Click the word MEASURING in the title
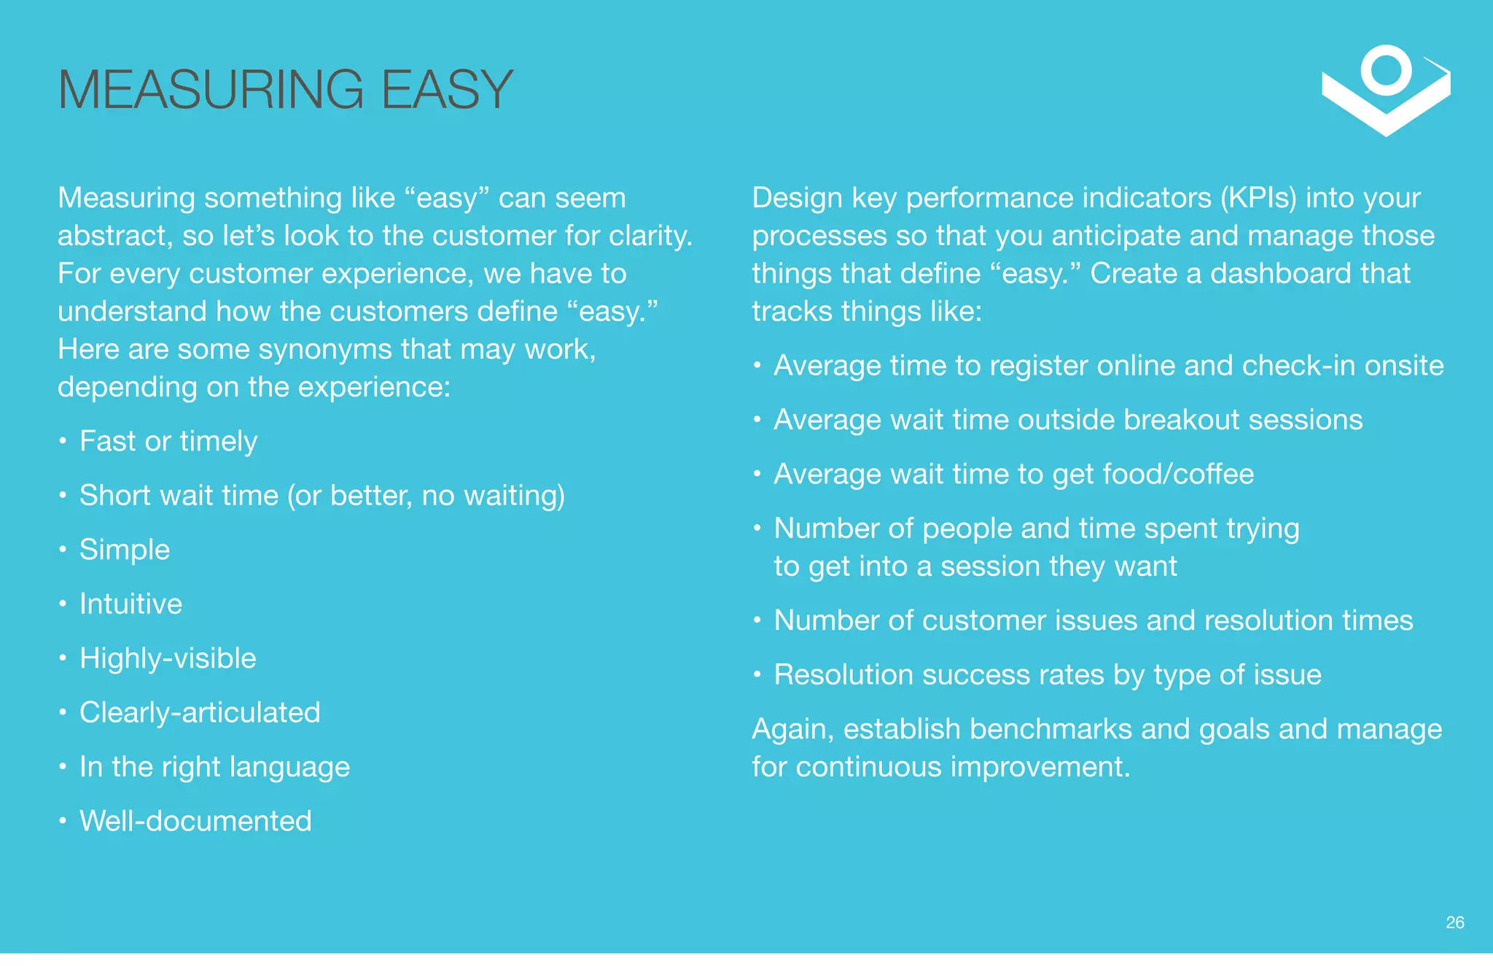211,90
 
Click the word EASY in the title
447,90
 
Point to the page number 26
1454,923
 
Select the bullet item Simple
125,550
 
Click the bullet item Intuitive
130,604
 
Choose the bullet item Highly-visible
168,658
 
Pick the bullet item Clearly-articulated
200,712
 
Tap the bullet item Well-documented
195,821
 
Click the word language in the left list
289,768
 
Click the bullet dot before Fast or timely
63,441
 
